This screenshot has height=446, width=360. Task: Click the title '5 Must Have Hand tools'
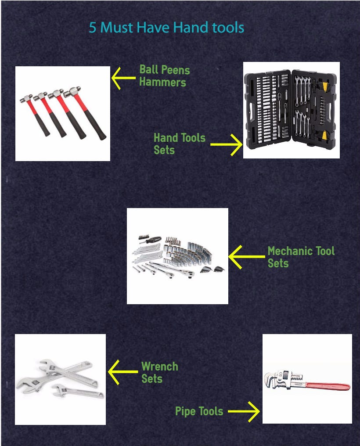tap(167, 28)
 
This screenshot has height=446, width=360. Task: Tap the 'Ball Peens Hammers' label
tap(164, 76)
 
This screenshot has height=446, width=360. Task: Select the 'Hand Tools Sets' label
tap(180, 144)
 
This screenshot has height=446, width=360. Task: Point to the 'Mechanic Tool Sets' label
tap(301, 257)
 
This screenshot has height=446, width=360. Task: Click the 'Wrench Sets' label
tap(159, 372)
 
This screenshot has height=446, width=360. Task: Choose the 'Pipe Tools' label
tap(199, 411)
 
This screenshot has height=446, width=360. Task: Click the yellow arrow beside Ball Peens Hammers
tap(123, 78)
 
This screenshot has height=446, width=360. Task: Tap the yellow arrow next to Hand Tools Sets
tap(227, 145)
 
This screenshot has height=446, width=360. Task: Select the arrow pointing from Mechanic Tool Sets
tap(247, 257)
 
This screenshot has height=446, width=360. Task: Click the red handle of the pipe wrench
tap(327, 386)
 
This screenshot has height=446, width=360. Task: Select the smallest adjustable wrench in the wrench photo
tap(77, 392)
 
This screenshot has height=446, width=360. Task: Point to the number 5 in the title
tap(93, 28)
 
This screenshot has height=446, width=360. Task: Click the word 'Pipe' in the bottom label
tap(185, 411)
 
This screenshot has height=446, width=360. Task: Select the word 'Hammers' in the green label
tap(162, 82)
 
